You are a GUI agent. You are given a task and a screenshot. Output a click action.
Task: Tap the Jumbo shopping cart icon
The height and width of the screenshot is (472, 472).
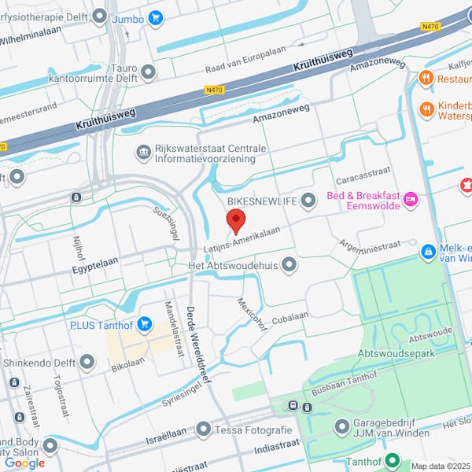click(x=156, y=17)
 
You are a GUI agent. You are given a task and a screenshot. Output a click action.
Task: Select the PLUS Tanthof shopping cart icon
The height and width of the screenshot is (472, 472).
click(x=144, y=323)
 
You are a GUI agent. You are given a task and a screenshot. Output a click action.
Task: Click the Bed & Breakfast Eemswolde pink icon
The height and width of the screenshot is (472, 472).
click(x=410, y=201)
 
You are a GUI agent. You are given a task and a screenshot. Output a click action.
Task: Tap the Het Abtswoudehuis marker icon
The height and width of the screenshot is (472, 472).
click(x=289, y=264)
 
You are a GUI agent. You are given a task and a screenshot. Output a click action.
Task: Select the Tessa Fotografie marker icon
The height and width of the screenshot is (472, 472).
click(x=204, y=430)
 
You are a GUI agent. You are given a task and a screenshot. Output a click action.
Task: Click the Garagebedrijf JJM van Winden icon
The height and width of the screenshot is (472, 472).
click(x=341, y=427)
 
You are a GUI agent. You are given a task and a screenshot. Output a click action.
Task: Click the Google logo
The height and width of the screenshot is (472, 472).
click(x=24, y=463)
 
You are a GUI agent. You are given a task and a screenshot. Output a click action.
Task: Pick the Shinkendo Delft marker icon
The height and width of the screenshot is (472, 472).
click(x=87, y=362)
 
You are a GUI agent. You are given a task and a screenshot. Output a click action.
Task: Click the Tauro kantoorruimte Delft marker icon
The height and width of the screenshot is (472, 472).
click(x=146, y=72)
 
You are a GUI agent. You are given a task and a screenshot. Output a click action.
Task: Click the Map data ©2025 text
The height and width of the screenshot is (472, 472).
click(x=439, y=466)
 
